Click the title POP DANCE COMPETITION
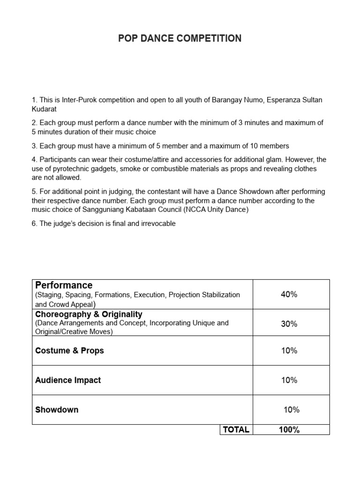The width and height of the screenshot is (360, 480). pos(180,38)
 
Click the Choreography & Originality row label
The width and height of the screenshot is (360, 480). pos(89,314)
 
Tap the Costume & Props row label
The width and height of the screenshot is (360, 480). pos(69,351)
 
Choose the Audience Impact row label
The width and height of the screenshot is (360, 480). pos(68,380)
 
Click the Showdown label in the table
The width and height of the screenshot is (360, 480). pos(57,410)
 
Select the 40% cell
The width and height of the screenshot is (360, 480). pos(289,294)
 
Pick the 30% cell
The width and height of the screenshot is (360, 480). pos(289,324)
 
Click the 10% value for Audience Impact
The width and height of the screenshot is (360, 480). pos(289,380)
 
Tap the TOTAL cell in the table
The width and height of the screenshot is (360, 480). pos(236,429)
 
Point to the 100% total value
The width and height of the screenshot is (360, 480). pos(289,429)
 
